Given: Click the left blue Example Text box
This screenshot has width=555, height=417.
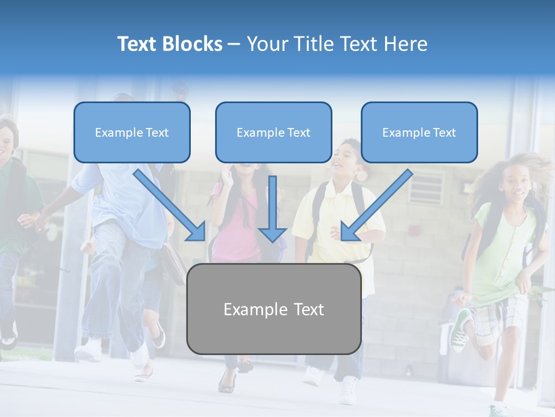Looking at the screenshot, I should [132, 132].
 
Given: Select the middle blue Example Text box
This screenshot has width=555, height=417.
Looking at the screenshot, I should [273, 132].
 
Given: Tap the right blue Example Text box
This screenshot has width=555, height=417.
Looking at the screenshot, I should [419, 132].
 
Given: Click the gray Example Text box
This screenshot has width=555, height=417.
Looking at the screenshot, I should [273, 309].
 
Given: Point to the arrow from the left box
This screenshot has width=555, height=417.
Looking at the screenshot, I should [171, 206].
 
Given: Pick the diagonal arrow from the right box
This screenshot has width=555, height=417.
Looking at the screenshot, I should [376, 206].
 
